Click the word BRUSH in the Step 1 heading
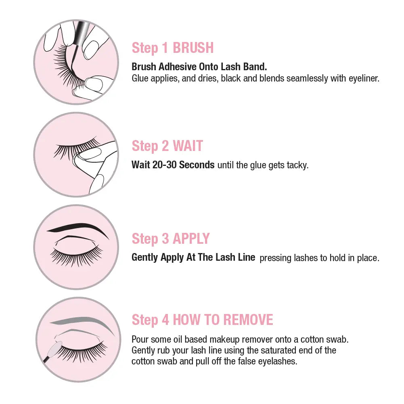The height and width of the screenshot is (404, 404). tap(193, 48)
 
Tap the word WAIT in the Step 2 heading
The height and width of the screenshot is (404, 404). tap(188, 146)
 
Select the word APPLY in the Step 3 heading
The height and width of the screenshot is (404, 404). tap(191, 239)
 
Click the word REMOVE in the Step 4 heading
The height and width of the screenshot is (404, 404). tap(248, 320)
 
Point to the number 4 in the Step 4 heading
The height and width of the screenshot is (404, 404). tap(165, 320)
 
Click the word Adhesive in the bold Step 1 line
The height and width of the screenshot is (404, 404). tap(178, 67)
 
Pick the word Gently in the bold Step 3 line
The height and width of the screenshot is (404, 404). tap(144, 257)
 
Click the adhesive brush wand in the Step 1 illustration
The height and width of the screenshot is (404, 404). tap(78, 41)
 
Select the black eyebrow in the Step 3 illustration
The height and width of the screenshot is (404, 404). tap(77, 229)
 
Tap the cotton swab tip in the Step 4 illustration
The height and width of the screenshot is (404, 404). tap(55, 347)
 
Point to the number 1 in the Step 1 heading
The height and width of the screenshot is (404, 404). tap(165, 48)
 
